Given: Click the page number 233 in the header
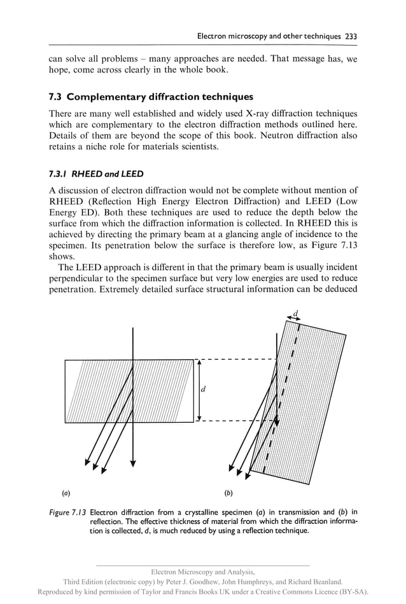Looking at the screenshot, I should pos(351,36).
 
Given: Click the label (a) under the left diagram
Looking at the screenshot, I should pos(66,492).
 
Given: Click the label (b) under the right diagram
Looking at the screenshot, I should pos(228,492).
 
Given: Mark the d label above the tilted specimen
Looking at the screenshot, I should pos(295,312).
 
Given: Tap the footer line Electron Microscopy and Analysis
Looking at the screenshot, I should pos(202,572).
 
